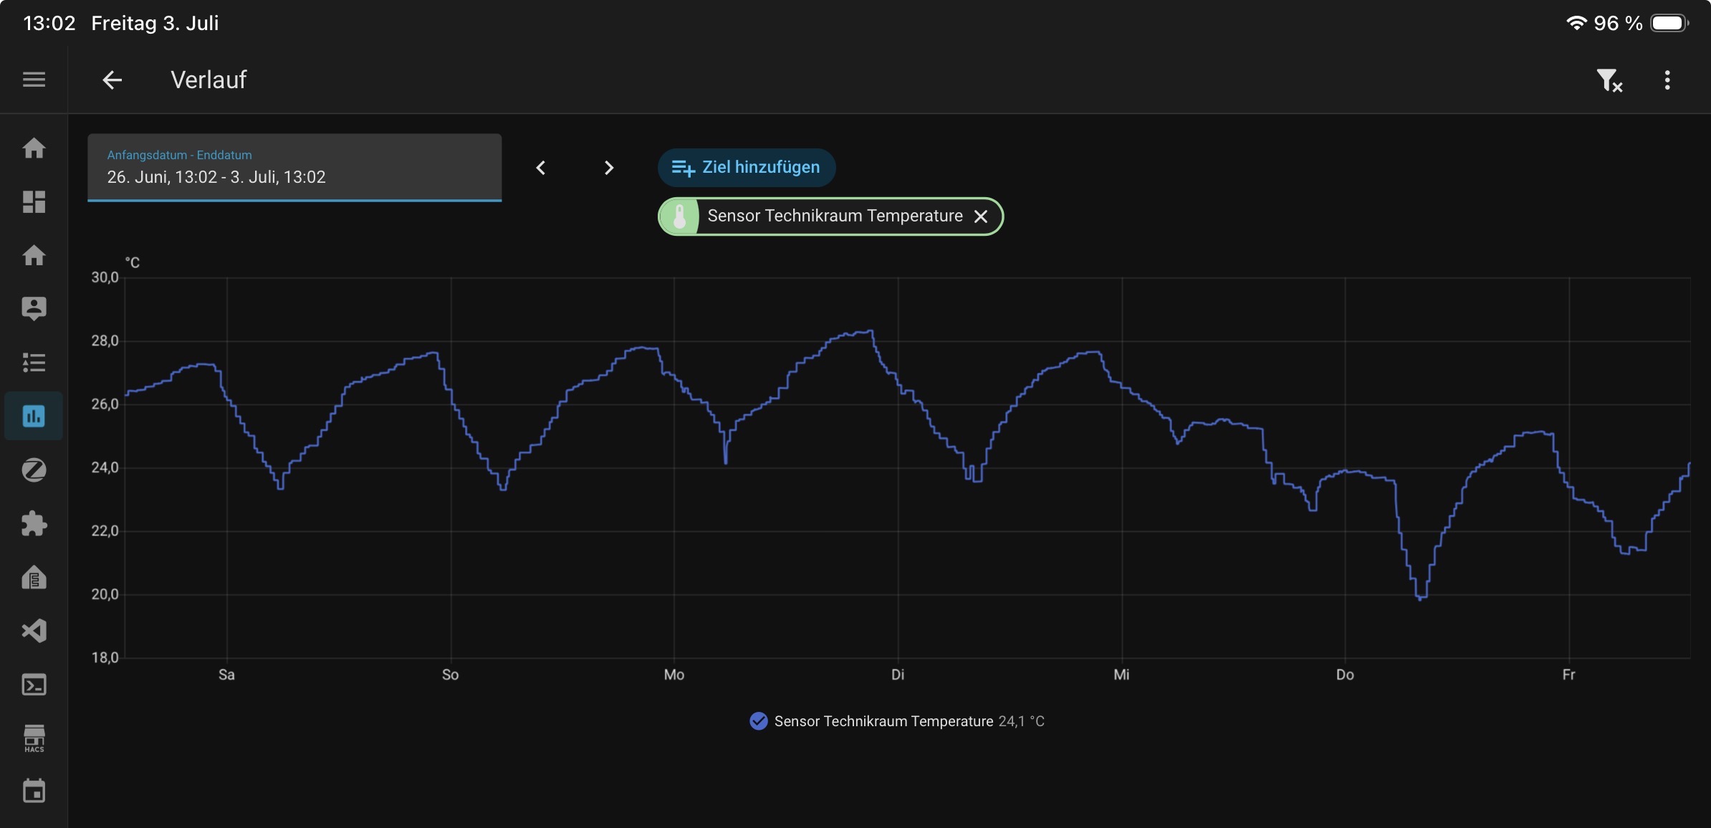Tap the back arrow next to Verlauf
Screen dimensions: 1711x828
tap(112, 80)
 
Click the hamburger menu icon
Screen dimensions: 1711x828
tap(34, 80)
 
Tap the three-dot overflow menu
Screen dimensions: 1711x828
tap(1667, 80)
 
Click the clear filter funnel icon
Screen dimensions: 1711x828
tap(1609, 80)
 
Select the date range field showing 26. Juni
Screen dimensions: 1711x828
tap(294, 167)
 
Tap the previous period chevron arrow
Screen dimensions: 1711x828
tap(541, 168)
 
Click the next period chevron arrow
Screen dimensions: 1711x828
tap(609, 168)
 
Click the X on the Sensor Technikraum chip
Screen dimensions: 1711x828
tap(981, 216)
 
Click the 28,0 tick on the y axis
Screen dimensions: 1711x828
tap(105, 341)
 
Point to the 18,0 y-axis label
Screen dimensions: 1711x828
tap(105, 657)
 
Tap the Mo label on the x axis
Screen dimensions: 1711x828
tap(674, 675)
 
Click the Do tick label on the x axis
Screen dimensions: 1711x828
tap(1345, 675)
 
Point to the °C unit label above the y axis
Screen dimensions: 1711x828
tap(133, 262)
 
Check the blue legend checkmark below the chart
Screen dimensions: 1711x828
tap(758, 721)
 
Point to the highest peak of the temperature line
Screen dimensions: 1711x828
tap(871, 331)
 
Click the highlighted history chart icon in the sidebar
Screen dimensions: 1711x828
tap(34, 416)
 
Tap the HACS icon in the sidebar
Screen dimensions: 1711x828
tap(34, 738)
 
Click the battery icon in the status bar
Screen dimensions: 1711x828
tap(1669, 23)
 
